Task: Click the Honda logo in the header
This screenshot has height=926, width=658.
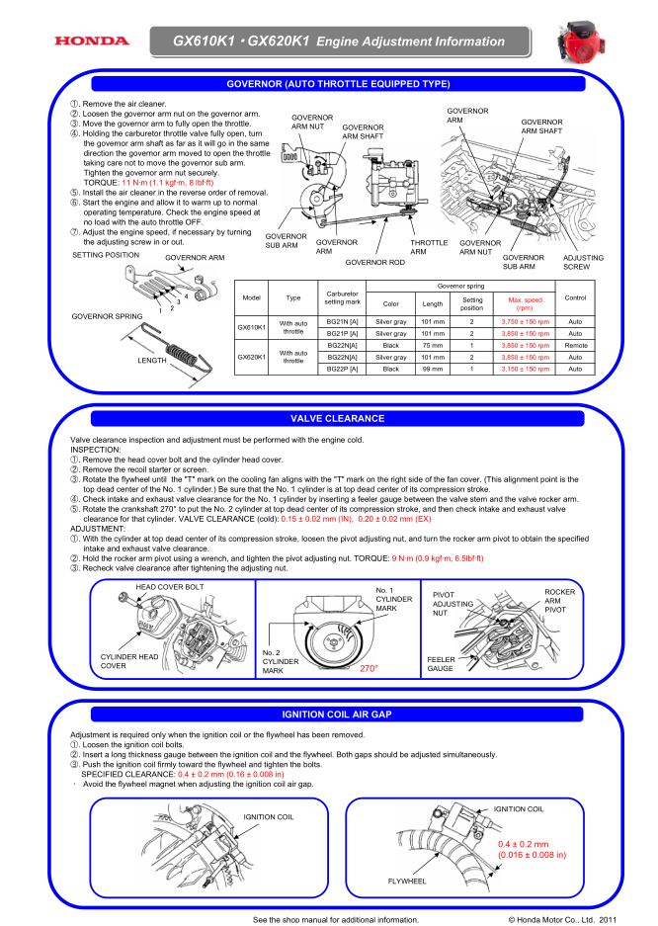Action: pos(92,42)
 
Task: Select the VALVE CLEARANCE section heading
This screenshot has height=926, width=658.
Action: pos(330,419)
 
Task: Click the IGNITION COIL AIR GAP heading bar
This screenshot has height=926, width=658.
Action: pos(330,714)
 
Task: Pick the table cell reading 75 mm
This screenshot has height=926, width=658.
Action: pos(432,346)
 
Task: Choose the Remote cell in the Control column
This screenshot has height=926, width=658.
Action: pos(574,346)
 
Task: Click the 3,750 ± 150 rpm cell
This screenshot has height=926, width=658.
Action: pos(525,322)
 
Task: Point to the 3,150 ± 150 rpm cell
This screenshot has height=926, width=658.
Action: pos(525,369)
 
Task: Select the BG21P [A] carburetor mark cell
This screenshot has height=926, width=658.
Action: pos(342,334)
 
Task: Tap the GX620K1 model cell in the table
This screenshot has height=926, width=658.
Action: pos(251,357)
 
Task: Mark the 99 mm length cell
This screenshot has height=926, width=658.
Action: pos(432,369)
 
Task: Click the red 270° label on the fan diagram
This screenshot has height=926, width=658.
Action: pos(370,669)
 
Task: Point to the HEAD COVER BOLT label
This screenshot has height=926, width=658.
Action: pos(170,587)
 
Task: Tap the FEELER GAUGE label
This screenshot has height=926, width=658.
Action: pos(441,663)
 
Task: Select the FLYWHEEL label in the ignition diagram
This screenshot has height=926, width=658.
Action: pos(407,880)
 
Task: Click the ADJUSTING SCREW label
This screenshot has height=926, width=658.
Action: pos(576,262)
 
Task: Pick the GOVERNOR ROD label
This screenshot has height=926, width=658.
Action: pos(374,263)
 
